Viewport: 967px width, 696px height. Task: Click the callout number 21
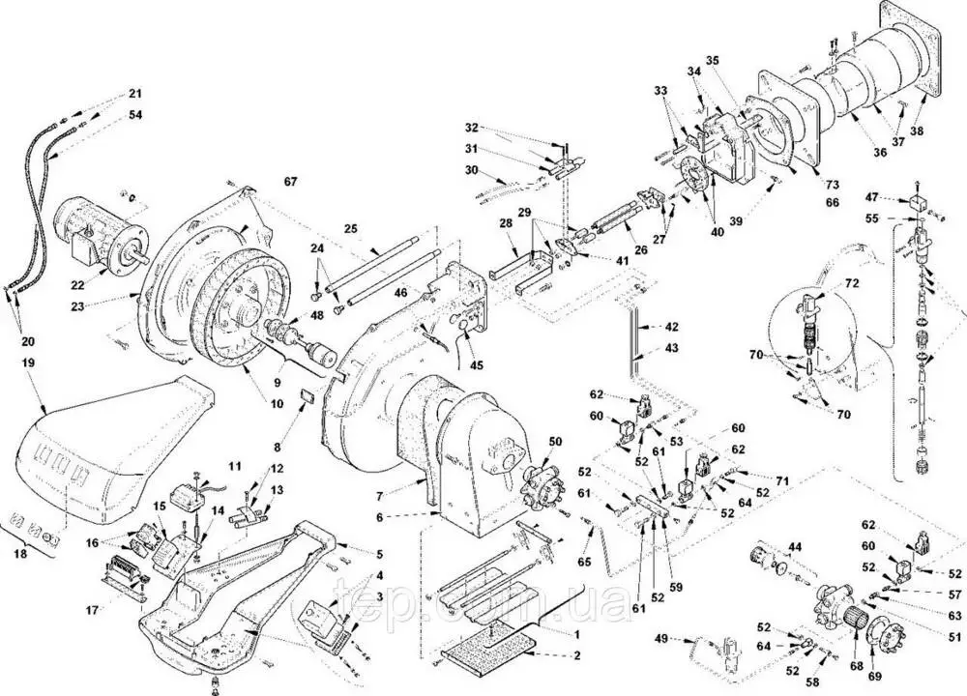click(134, 95)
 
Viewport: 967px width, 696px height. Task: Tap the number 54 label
click(134, 116)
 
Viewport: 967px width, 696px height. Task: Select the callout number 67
click(291, 182)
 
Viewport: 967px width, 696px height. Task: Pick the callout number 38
click(917, 130)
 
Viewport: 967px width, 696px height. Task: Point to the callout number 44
click(795, 548)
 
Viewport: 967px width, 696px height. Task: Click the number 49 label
click(661, 639)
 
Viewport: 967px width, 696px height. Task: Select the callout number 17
click(93, 610)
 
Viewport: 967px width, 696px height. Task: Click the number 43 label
click(671, 347)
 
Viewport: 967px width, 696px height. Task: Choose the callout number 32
click(472, 128)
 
